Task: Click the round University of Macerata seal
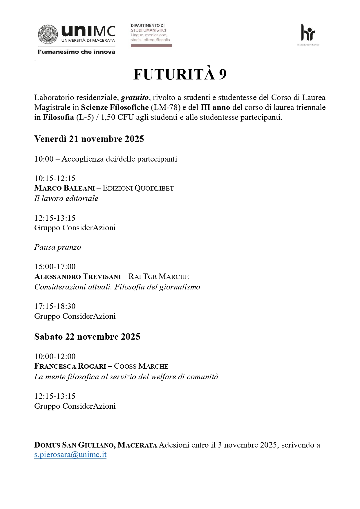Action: point(47,34)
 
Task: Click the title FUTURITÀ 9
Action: point(180,75)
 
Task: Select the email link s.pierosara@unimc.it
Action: point(70,454)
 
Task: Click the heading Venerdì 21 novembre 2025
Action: point(89,139)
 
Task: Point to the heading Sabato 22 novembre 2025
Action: point(87,336)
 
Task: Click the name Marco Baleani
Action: point(64,188)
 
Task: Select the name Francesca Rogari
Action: point(70,366)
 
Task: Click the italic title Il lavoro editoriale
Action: point(66,198)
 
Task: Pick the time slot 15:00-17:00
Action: point(55,267)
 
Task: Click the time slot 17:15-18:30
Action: point(55,306)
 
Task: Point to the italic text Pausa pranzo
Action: point(57,247)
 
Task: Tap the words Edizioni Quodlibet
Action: point(138,188)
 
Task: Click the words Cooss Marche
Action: point(141,366)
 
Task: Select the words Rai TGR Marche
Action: point(158,276)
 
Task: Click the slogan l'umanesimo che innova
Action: point(77,52)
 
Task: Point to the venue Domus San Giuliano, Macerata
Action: point(96,445)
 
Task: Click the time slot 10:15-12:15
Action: point(55,178)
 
